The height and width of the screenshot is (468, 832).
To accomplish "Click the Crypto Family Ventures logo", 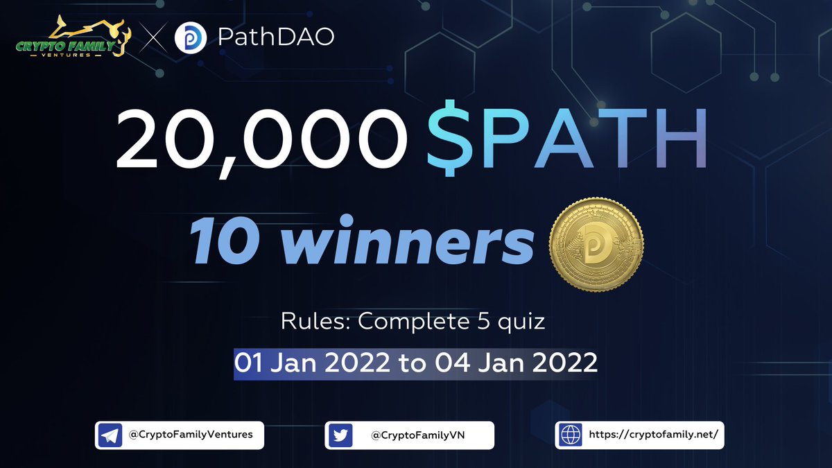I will point(69,37).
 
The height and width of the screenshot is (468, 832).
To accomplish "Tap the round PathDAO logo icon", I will point(190,37).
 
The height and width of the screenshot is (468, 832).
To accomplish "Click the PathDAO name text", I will point(276,37).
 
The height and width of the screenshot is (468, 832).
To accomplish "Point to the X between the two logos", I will point(150,38).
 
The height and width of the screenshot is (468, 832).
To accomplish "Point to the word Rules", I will point(306,322).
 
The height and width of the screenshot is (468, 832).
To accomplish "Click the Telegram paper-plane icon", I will point(110,435).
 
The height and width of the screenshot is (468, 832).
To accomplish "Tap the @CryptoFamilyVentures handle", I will point(191,435).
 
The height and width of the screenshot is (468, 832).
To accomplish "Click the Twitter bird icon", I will point(340,435).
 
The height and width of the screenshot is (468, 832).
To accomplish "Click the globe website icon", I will point(571,435).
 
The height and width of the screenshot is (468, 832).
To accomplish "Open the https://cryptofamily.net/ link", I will point(647,435).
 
